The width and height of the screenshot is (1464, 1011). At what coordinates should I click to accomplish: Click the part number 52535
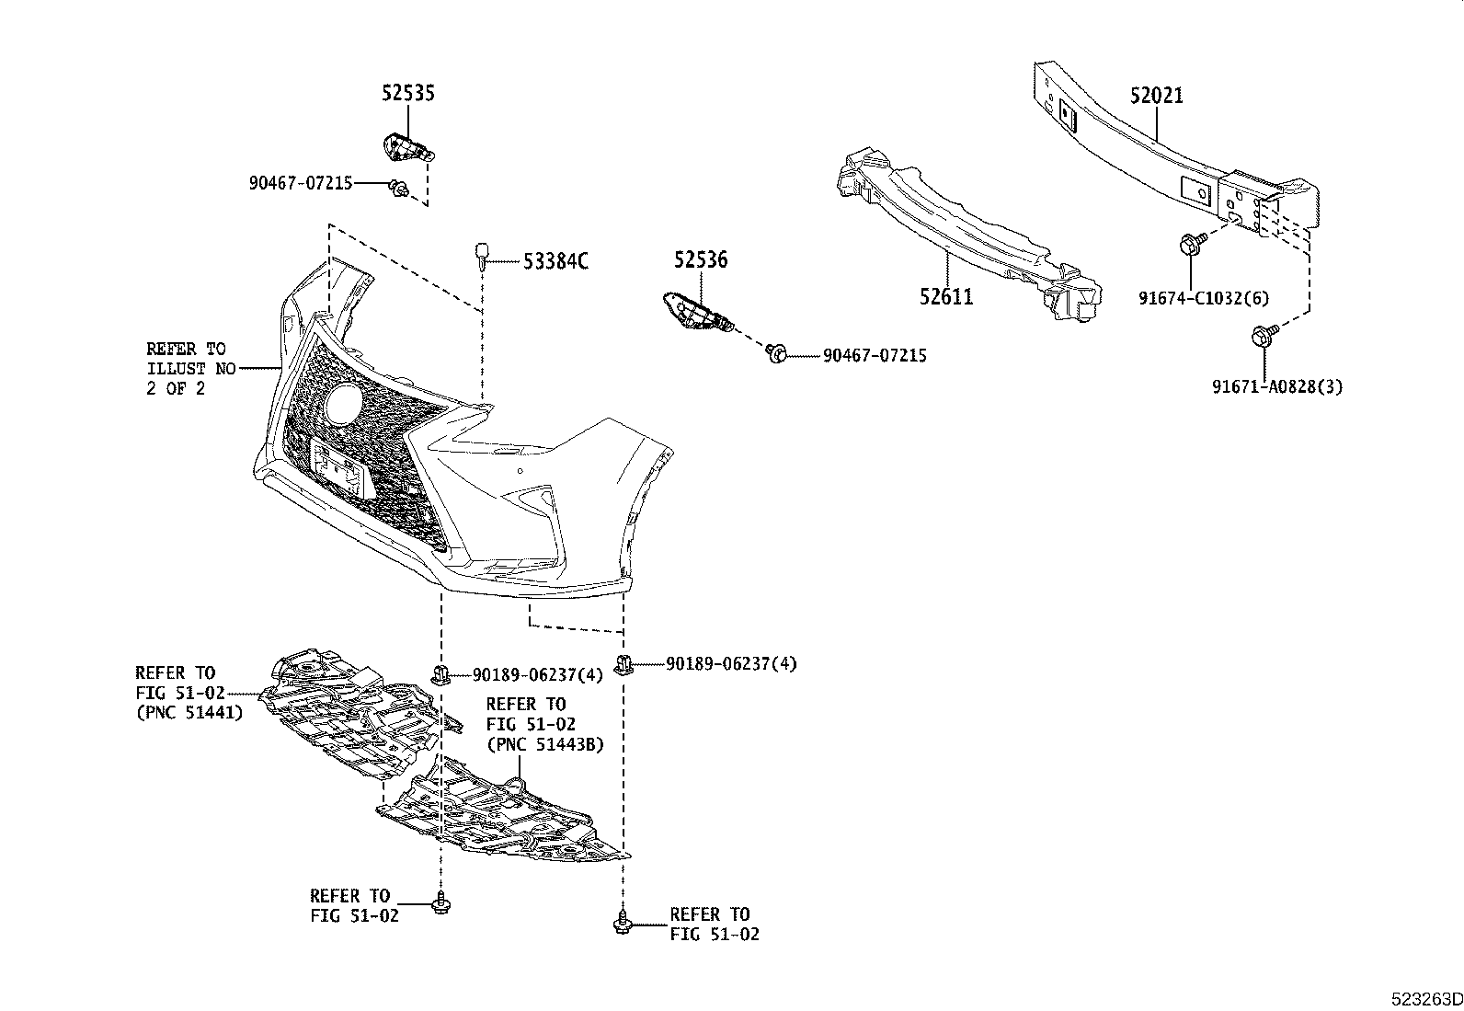point(408,93)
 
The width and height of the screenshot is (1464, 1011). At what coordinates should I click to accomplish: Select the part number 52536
point(700,260)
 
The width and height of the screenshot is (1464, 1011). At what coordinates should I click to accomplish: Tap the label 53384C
point(555,261)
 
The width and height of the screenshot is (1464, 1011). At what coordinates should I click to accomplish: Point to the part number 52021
point(1157,96)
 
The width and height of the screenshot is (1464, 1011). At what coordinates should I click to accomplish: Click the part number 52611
point(946,296)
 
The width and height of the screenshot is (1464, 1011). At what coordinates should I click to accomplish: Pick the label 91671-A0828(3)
point(1276,387)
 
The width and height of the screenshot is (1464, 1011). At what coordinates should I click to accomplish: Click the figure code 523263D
point(1425,999)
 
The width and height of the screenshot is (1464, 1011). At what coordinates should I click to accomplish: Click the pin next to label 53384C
point(481,254)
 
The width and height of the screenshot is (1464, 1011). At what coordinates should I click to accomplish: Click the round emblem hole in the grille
point(346,403)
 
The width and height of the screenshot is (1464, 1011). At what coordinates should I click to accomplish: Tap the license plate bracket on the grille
point(338,469)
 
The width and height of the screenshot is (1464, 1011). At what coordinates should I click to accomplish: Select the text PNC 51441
point(189,712)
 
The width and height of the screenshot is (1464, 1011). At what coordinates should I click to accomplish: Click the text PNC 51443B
point(544,744)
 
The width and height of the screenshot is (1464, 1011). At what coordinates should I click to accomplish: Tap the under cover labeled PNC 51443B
point(506,819)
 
